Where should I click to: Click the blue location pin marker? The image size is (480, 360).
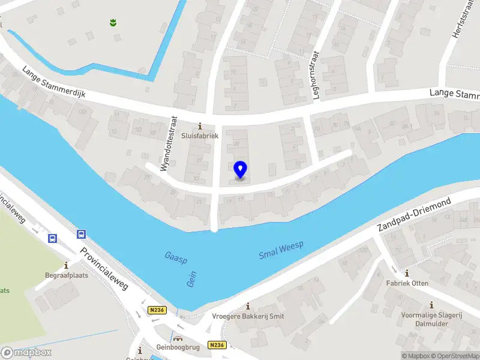241,170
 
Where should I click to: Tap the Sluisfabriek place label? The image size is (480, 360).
201,136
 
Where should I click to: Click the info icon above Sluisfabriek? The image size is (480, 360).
201,127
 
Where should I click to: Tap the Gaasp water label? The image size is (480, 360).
176,259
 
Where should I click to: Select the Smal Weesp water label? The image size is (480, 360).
281,251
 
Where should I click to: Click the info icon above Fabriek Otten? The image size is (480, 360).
407,273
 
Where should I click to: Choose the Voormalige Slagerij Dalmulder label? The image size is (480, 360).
431,319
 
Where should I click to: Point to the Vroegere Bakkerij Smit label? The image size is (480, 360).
248,316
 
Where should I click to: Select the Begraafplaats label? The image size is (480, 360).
66,277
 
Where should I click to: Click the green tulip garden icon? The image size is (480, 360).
112,23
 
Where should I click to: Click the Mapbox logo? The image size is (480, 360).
26,352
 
